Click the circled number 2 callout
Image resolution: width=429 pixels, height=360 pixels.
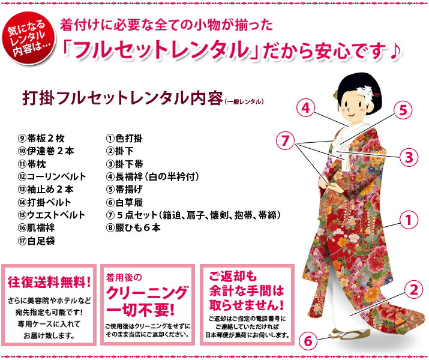coord(412,290)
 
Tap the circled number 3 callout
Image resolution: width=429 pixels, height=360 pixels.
coord(408,157)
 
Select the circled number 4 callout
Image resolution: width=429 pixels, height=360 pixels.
coord(306,109)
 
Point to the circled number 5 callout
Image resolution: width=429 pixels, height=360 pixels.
coord(403,110)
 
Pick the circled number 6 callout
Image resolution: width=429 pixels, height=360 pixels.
coord(307,341)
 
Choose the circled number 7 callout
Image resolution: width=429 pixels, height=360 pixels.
coord(287,142)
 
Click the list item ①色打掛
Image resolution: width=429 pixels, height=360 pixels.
coord(124,139)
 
